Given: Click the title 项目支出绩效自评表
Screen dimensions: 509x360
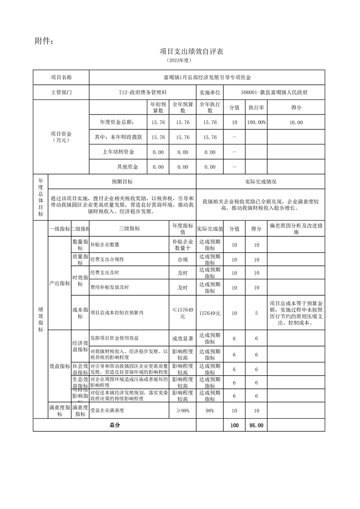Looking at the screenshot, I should tap(191, 52).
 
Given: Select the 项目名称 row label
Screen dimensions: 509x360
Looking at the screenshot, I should tap(61, 78).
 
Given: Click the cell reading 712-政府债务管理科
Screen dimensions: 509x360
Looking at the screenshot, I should tap(143, 92).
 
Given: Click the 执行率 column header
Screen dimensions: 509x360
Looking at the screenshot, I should tap(256, 108).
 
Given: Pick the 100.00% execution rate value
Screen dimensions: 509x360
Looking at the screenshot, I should tap(256, 122).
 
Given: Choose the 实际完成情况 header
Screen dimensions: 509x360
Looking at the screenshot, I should tap(261, 181).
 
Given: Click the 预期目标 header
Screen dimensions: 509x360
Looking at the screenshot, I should tap(122, 181).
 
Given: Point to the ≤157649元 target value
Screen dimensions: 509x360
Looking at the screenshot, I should tap(182, 313).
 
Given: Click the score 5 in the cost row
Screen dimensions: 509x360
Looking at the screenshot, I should tap(256, 313).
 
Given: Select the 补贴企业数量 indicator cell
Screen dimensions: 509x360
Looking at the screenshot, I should tap(105, 245).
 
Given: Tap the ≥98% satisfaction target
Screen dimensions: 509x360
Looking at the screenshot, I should tap(182, 411).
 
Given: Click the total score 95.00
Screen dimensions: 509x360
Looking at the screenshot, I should tap(256, 426).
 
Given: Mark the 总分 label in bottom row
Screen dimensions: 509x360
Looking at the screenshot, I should tap(114, 426).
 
